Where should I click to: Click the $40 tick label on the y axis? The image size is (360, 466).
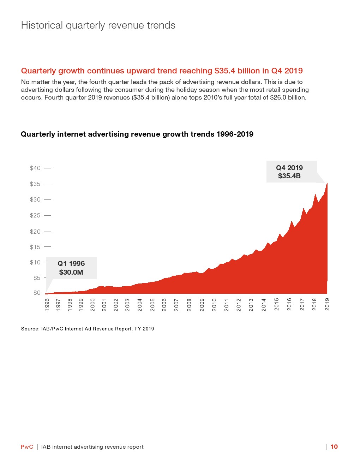[35, 168]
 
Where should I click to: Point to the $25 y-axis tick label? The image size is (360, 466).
[35, 215]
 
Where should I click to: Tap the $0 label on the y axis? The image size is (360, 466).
[37, 293]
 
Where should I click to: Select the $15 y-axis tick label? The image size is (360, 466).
[35, 247]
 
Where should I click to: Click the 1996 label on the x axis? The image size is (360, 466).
[47, 305]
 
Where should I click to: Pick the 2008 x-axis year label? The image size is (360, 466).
[189, 305]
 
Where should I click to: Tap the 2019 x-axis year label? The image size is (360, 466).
[327, 305]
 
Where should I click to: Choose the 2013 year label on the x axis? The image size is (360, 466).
[251, 305]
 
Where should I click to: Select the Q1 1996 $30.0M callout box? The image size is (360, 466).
[71, 268]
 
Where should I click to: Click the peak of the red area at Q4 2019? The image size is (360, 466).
[327, 183]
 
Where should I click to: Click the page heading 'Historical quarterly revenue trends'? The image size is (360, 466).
[98, 25]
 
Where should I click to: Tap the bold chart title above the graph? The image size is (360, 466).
[137, 134]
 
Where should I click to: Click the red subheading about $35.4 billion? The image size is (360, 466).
[162, 71]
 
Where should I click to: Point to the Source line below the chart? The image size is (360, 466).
[88, 329]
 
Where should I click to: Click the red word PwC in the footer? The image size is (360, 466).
[27, 447]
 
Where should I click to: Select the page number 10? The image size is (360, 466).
[334, 447]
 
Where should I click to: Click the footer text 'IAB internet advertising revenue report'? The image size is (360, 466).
[92, 447]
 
